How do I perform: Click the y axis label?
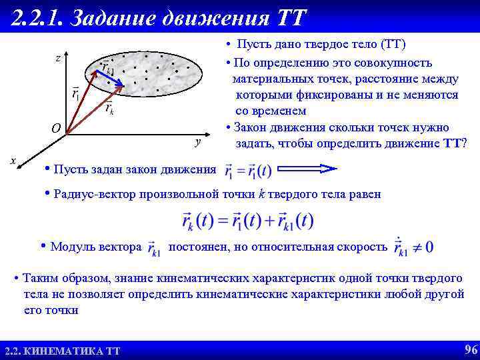197,142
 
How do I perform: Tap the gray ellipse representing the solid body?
160,73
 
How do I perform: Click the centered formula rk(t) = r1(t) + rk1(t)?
247,221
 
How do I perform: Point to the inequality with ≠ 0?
413,247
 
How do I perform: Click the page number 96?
469,349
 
